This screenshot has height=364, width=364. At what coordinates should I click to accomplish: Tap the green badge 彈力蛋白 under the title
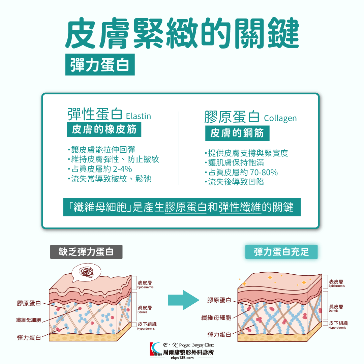pyautogui.click(x=100, y=64)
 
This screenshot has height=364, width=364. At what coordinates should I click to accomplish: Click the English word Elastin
pyautogui.click(x=138, y=116)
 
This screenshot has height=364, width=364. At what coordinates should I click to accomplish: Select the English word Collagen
pyautogui.click(x=280, y=118)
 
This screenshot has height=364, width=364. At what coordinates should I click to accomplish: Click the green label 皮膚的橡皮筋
pyautogui.click(x=104, y=130)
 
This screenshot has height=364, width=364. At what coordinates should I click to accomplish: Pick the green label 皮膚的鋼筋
pyautogui.click(x=237, y=133)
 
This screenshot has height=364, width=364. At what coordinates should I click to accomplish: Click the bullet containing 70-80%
pyautogui.click(x=241, y=173)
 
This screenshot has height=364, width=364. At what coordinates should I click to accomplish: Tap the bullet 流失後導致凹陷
pyautogui.click(x=235, y=182)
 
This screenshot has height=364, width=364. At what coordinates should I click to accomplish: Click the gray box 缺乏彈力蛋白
pyautogui.click(x=86, y=252)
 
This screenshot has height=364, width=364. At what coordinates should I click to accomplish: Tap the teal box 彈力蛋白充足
pyautogui.click(x=281, y=252)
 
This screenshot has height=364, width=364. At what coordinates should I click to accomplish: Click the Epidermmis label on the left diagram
pyautogui.click(x=146, y=287)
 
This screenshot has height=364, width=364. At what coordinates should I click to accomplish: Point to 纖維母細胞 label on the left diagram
pyautogui.click(x=29, y=320)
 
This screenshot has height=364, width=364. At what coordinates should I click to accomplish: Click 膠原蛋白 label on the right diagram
pyautogui.click(x=219, y=300)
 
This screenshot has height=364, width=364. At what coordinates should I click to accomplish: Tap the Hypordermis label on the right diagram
pyautogui.click(x=337, y=328)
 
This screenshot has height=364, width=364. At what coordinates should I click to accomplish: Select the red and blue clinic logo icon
pyautogui.click(x=156, y=350)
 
